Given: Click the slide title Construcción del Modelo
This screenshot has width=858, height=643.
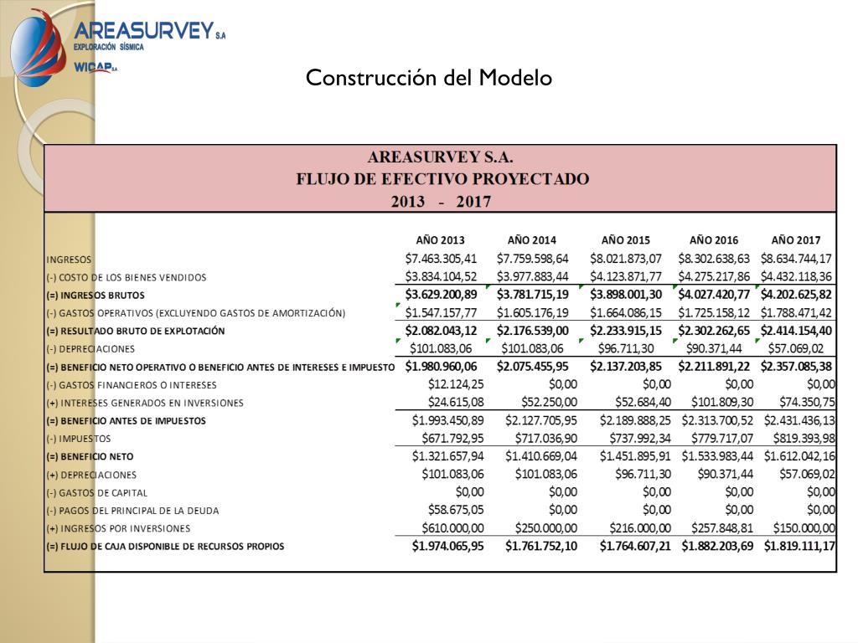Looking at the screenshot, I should [x=428, y=78].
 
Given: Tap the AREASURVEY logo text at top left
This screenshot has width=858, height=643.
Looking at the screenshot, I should [x=144, y=31].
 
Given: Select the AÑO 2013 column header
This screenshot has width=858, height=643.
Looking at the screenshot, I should [x=440, y=239].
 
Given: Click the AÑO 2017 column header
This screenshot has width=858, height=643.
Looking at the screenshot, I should [x=795, y=239].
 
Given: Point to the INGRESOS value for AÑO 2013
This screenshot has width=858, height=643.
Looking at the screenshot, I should [x=441, y=259].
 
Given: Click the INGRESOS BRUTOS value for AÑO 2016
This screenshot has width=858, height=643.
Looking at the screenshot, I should [x=714, y=295].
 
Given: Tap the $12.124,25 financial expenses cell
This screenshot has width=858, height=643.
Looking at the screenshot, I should [x=456, y=384].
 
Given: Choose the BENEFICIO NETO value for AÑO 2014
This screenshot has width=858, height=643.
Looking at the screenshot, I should [x=540, y=456].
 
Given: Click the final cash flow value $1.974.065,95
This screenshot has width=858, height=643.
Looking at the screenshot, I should [x=447, y=547].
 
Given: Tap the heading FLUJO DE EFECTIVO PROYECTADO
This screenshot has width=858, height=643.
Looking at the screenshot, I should [x=442, y=178].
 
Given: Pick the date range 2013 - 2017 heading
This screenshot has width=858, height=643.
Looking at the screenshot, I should [x=441, y=201].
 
